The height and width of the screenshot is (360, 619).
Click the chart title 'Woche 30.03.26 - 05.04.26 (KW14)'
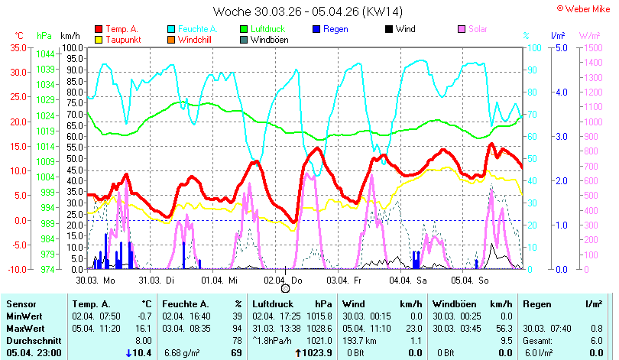point(307,11)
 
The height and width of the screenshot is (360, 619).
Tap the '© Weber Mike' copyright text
point(584,8)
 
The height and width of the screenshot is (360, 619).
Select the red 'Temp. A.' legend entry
point(117,29)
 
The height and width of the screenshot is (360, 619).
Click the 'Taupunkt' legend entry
point(118,40)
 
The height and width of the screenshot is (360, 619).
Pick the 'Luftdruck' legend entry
point(263,29)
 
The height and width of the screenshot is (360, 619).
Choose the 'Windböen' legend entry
point(264,40)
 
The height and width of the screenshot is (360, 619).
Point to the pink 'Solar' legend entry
point(472,29)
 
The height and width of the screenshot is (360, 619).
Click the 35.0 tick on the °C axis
point(18,47)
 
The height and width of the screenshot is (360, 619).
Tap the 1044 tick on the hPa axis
point(45,54)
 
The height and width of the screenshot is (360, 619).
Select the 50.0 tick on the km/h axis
point(74,159)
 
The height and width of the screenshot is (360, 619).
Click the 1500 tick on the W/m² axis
point(593,47)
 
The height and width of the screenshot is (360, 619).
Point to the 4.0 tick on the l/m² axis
point(562,92)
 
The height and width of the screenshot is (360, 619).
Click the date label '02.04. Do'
point(283,281)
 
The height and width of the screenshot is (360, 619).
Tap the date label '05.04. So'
point(470,281)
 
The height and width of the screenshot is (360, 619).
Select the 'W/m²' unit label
point(589,35)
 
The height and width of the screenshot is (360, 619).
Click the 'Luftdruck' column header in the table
point(273,304)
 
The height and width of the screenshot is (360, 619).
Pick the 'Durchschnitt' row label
point(34,341)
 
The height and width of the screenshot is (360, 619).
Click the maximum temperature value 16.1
point(144,329)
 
